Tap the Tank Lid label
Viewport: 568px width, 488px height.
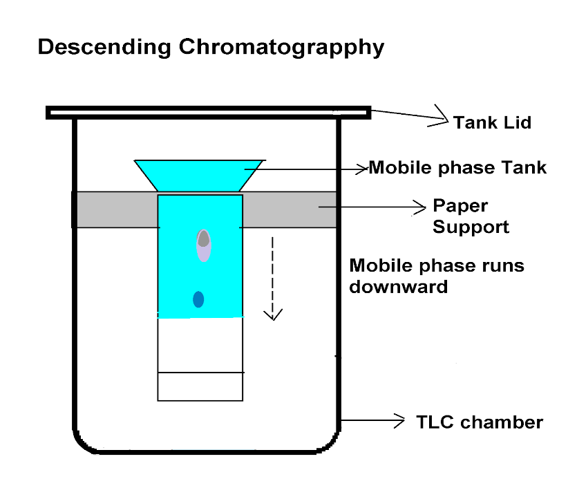(493, 123)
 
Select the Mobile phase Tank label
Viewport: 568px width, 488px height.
(457, 168)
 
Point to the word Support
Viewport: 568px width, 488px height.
(471, 227)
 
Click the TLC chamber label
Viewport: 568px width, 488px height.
(480, 422)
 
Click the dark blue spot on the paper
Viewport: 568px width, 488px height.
(198, 299)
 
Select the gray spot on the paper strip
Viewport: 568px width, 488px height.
(203, 239)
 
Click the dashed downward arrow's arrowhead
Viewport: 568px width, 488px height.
(274, 315)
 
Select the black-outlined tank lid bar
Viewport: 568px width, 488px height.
(207, 112)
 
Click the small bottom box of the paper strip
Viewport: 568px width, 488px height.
(200, 386)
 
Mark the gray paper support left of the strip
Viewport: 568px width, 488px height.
(115, 209)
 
